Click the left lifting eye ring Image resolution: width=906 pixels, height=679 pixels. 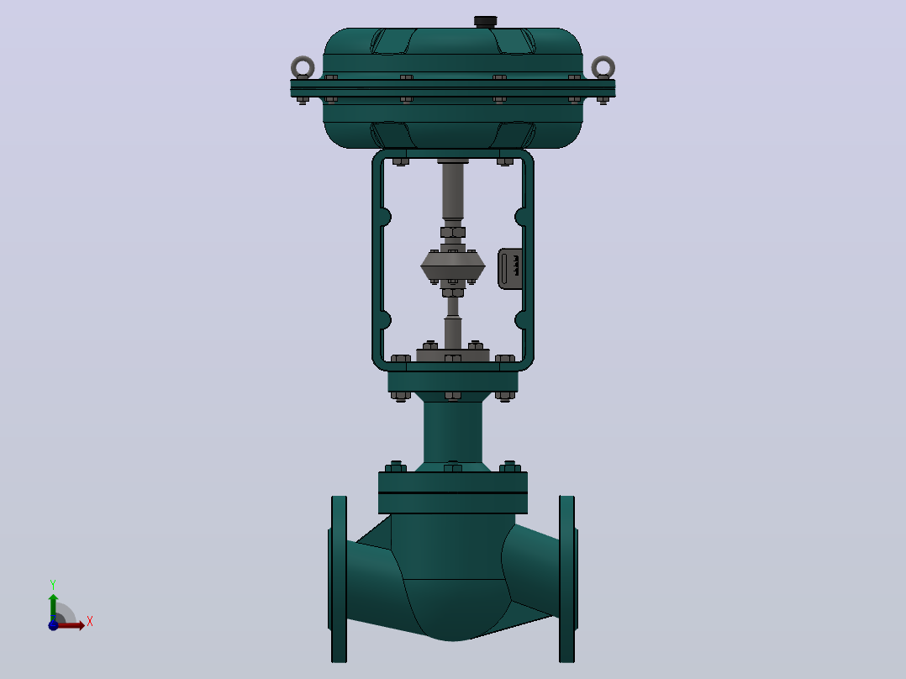click(x=294, y=67)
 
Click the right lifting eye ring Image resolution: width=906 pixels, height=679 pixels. click(x=611, y=67)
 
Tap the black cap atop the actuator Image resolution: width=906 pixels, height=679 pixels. click(x=486, y=21)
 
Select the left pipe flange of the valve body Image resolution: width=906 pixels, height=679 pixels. click(x=340, y=579)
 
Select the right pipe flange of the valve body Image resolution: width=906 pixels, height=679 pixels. click(x=567, y=579)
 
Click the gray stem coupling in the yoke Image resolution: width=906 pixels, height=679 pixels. click(x=453, y=266)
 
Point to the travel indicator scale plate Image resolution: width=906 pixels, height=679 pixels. click(x=510, y=269)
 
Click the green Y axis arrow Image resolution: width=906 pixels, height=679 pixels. click(x=53, y=608)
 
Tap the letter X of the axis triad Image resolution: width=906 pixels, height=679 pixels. click(x=90, y=622)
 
